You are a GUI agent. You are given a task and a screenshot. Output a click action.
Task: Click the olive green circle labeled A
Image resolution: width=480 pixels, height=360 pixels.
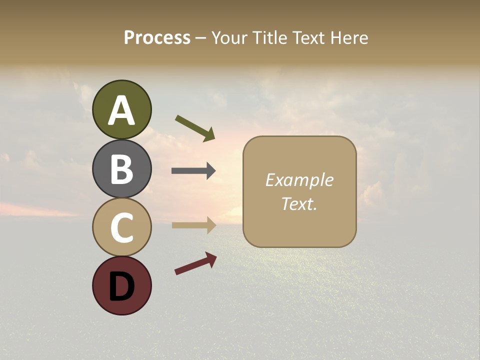click(121, 109)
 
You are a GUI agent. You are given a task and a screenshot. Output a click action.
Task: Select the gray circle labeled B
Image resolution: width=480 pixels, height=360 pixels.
click(121, 168)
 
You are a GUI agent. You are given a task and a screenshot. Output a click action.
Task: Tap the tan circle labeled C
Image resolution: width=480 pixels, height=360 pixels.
click(121, 227)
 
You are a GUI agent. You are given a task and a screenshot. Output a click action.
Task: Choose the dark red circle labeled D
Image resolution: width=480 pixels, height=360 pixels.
click(121, 285)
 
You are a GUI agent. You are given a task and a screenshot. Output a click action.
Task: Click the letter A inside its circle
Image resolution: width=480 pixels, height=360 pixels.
click(121, 110)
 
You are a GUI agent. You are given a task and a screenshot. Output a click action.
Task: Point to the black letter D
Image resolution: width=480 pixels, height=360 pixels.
click(121, 286)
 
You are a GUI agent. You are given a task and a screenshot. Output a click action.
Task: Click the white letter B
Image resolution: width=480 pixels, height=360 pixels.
click(121, 169)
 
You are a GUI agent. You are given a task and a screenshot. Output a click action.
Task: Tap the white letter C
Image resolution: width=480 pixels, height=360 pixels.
click(121, 228)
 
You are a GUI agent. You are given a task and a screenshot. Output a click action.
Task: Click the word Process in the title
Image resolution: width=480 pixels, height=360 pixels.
click(157, 38)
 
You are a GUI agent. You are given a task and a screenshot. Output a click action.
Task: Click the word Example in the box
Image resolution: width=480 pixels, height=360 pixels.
click(299, 180)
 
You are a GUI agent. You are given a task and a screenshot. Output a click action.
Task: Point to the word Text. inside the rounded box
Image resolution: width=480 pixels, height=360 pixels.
click(299, 203)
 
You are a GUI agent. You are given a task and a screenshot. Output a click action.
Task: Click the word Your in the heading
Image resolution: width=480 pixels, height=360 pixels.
click(230, 38)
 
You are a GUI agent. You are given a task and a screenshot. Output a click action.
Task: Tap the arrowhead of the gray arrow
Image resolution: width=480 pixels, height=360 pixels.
click(210, 171)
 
